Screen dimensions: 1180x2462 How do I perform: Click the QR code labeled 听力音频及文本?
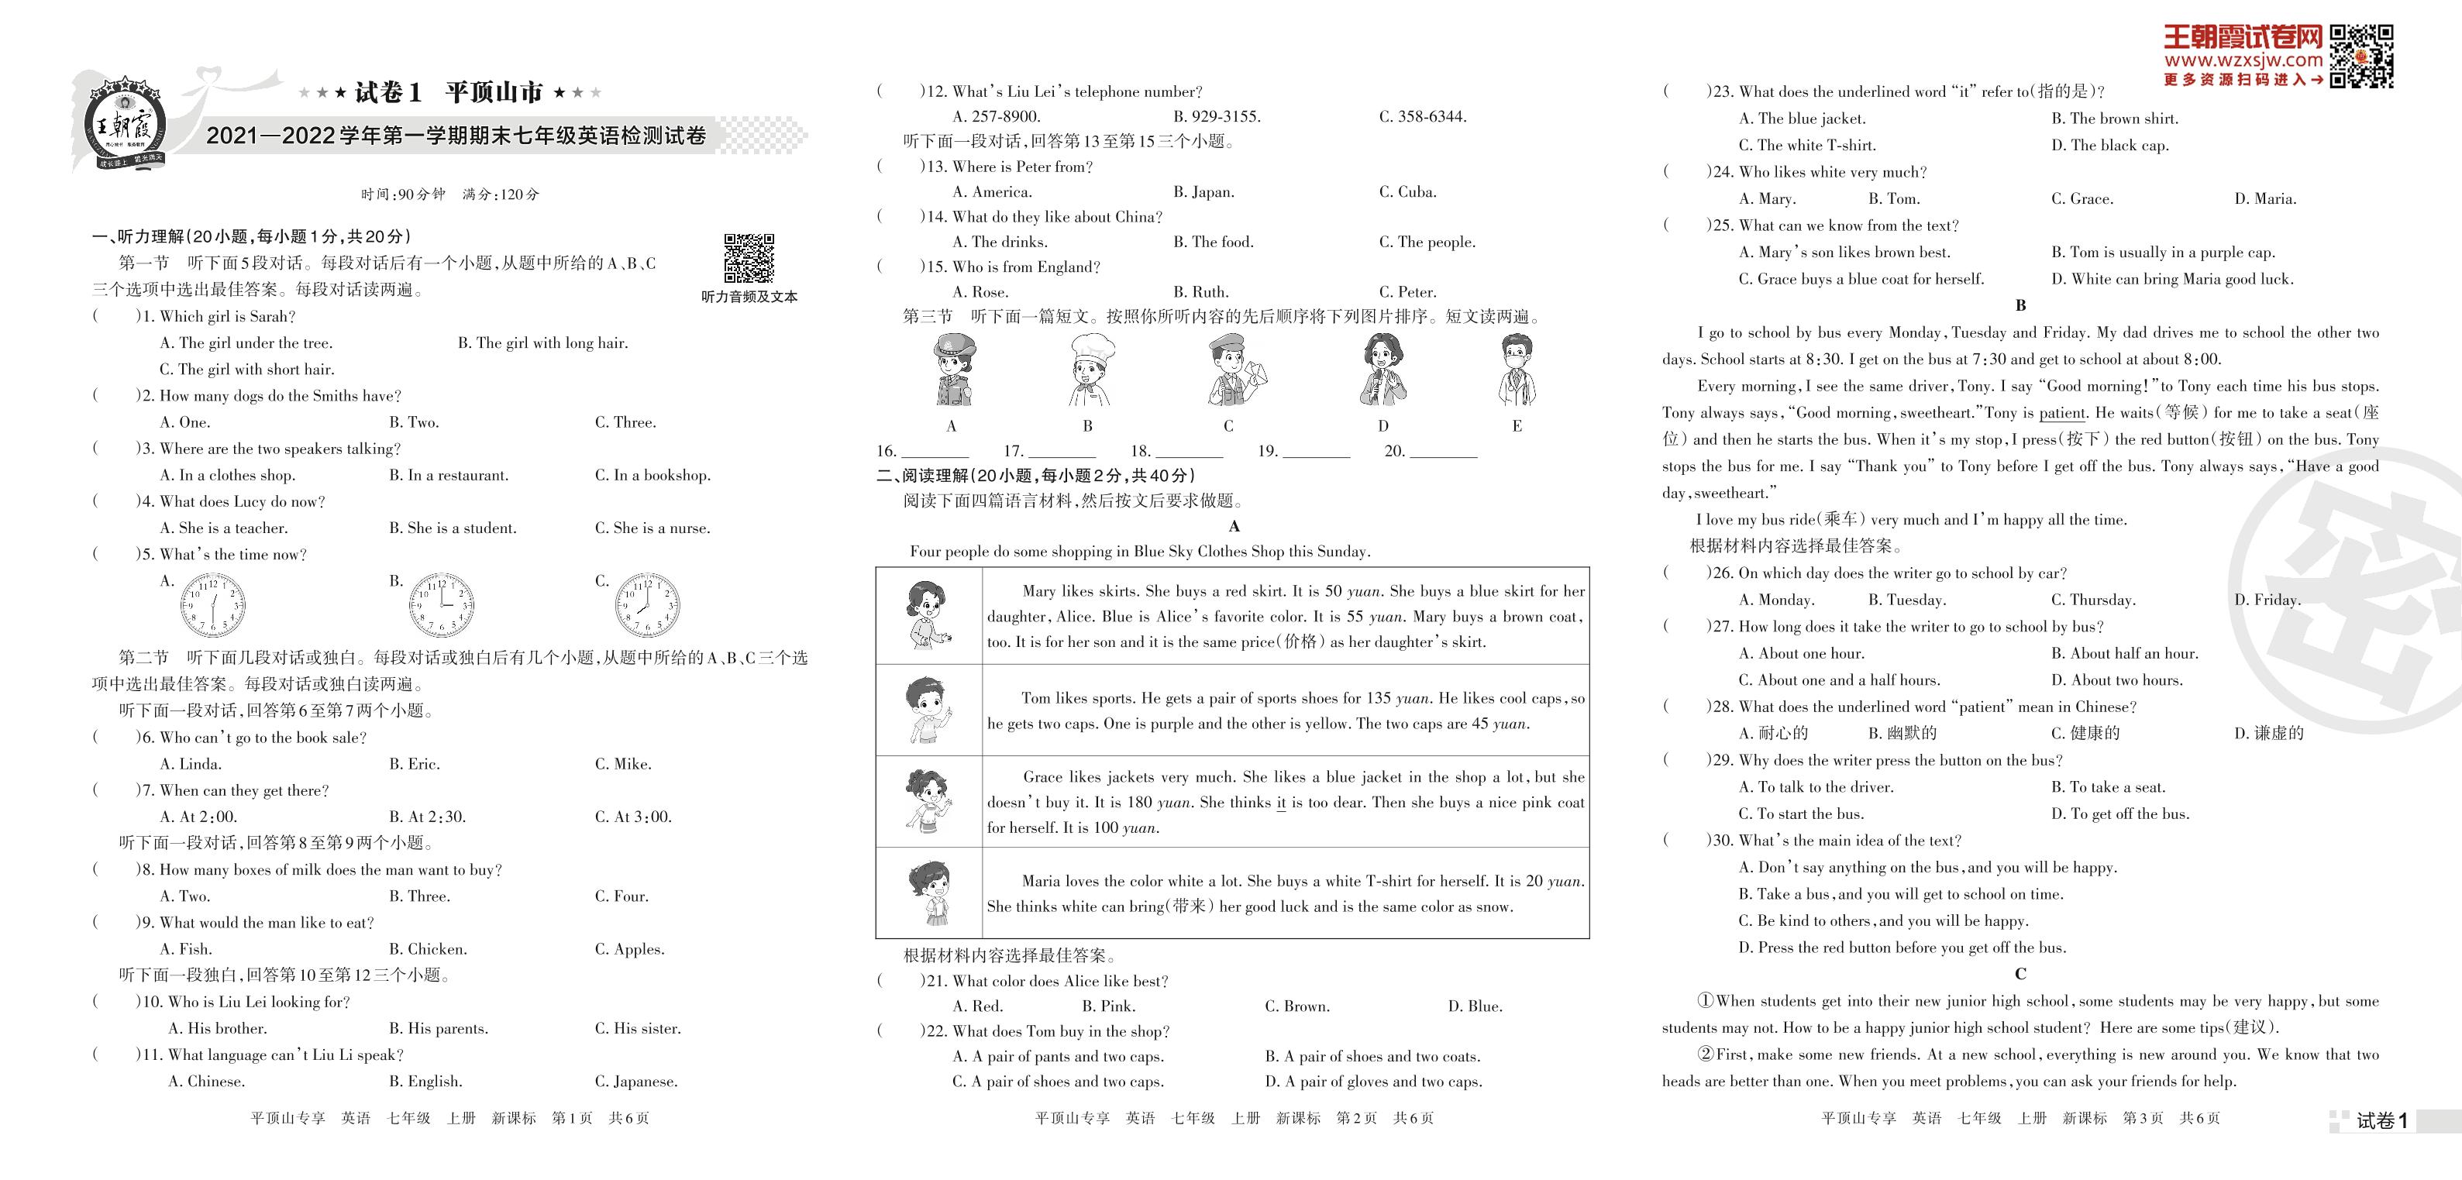point(749,258)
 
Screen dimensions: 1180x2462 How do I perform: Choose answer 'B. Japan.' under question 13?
point(1203,192)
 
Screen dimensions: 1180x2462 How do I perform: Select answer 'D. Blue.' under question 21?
point(1475,1006)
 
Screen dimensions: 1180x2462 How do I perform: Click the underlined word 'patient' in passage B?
point(2061,413)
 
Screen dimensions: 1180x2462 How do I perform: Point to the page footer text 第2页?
point(1356,1118)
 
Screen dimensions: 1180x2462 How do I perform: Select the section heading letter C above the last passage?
point(2020,975)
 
